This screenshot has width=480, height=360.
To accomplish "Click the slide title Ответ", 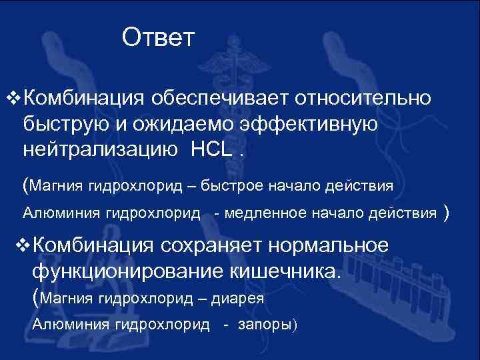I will [158, 37].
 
